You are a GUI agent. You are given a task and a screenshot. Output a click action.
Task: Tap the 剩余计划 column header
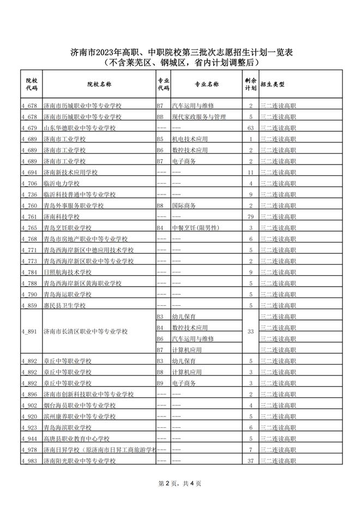tap(250, 84)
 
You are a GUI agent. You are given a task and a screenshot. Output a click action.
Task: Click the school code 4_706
tap(29, 183)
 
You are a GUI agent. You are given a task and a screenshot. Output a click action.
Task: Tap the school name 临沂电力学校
tap(62, 183)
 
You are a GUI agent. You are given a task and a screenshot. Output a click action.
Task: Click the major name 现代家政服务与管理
tap(199, 117)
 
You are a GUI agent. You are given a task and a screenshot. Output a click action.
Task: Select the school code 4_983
tap(29, 461)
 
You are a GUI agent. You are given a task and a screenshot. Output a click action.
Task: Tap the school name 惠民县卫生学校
tap(65, 305)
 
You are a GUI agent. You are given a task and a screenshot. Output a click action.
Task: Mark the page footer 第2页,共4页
tap(179, 483)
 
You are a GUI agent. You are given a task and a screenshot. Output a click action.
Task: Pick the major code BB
tap(160, 117)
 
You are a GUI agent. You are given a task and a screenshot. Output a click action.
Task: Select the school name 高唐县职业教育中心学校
tap(76, 439)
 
